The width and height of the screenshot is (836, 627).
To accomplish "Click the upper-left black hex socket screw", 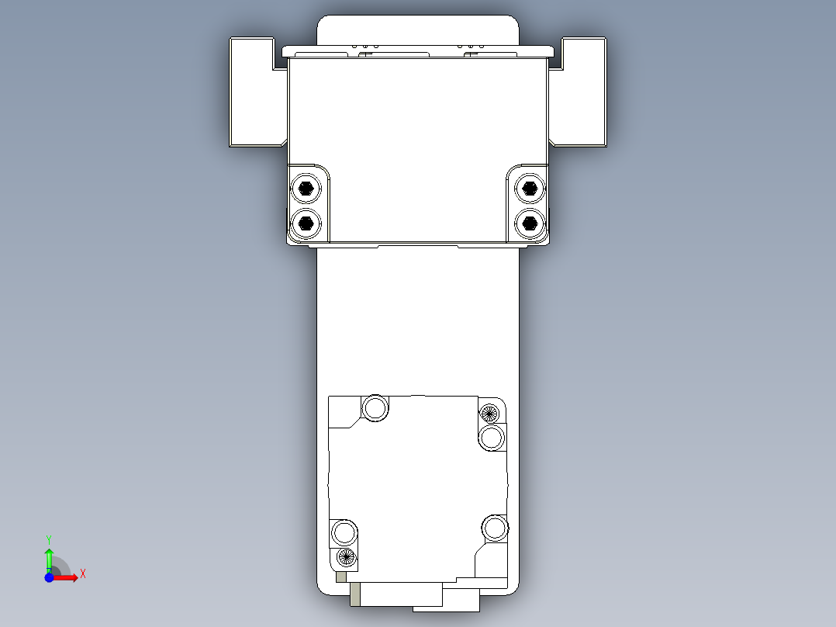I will [x=306, y=187].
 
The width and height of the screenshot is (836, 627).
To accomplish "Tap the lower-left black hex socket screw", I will [x=306, y=223].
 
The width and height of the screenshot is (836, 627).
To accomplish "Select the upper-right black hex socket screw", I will [x=530, y=187].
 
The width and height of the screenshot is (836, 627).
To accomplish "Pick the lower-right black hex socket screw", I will [x=530, y=223].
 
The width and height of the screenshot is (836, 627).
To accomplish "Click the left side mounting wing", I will [x=254, y=93].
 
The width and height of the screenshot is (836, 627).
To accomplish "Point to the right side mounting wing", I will [x=581, y=93].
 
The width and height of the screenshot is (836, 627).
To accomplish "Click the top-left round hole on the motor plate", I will [x=376, y=407].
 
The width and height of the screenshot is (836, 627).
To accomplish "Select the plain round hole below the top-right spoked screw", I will [x=492, y=438].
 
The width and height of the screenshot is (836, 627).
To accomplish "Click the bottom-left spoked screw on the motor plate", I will [x=346, y=556].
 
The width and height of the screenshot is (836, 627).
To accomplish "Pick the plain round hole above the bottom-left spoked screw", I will [x=344, y=532].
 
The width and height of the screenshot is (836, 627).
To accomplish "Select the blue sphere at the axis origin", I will [x=49, y=577].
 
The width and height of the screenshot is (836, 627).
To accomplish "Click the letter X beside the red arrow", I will [x=83, y=574].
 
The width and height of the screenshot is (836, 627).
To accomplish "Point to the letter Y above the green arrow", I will [x=49, y=539].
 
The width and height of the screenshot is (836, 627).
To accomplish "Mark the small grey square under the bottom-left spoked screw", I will [x=341, y=577].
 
